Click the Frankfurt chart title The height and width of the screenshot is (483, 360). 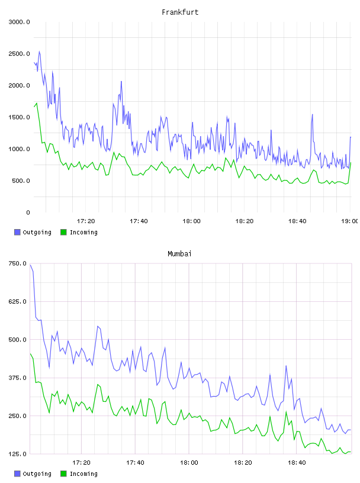pyautogui.click(x=180, y=12)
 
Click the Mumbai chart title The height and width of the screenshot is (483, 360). pyautogui.click(x=179, y=253)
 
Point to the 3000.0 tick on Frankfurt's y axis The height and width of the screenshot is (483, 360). pyautogui.click(x=19, y=22)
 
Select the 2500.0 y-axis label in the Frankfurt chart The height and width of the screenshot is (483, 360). pyautogui.click(x=19, y=54)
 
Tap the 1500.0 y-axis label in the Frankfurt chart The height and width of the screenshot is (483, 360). pyautogui.click(x=19, y=117)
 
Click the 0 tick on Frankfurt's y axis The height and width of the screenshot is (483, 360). pyautogui.click(x=28, y=212)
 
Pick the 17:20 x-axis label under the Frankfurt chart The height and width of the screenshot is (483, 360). pyautogui.click(x=86, y=221)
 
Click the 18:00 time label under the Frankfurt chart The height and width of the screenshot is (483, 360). pyautogui.click(x=191, y=221)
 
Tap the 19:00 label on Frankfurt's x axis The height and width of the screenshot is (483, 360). pyautogui.click(x=349, y=221)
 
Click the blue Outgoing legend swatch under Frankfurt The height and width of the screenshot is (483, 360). pyautogui.click(x=17, y=232)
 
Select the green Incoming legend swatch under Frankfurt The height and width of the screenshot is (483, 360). pyautogui.click(x=63, y=232)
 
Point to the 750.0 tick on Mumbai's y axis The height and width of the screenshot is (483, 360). pyautogui.click(x=18, y=263)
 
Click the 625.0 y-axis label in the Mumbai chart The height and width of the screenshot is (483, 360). pyautogui.click(x=18, y=301)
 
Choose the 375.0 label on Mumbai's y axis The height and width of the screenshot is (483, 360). pyautogui.click(x=18, y=378)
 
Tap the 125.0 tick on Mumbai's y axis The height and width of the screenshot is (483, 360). pyautogui.click(x=18, y=454)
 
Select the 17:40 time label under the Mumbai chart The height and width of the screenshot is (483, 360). pyautogui.click(x=135, y=462)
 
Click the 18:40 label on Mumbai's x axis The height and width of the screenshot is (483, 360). pyautogui.click(x=297, y=462)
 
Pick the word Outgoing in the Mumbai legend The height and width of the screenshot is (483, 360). pyautogui.click(x=37, y=474)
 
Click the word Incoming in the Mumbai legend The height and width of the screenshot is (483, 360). pyautogui.click(x=83, y=474)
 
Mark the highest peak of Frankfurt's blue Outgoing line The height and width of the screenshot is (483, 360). pyautogui.click(x=39, y=51)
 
